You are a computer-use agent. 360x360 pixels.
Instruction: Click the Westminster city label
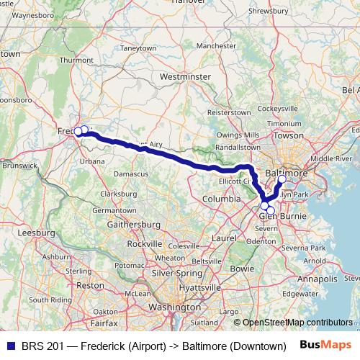coord(185,76)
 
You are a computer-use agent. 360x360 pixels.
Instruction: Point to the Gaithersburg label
coord(134,225)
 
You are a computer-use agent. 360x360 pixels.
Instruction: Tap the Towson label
coord(289,135)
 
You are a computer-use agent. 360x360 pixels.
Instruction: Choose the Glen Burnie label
coord(277,215)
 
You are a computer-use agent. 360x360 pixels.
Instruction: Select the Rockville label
coord(145,244)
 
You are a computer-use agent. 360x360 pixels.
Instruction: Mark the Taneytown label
coord(138,48)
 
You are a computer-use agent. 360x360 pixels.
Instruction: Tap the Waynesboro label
coord(34,14)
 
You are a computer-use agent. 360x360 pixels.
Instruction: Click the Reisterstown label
coord(228,113)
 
